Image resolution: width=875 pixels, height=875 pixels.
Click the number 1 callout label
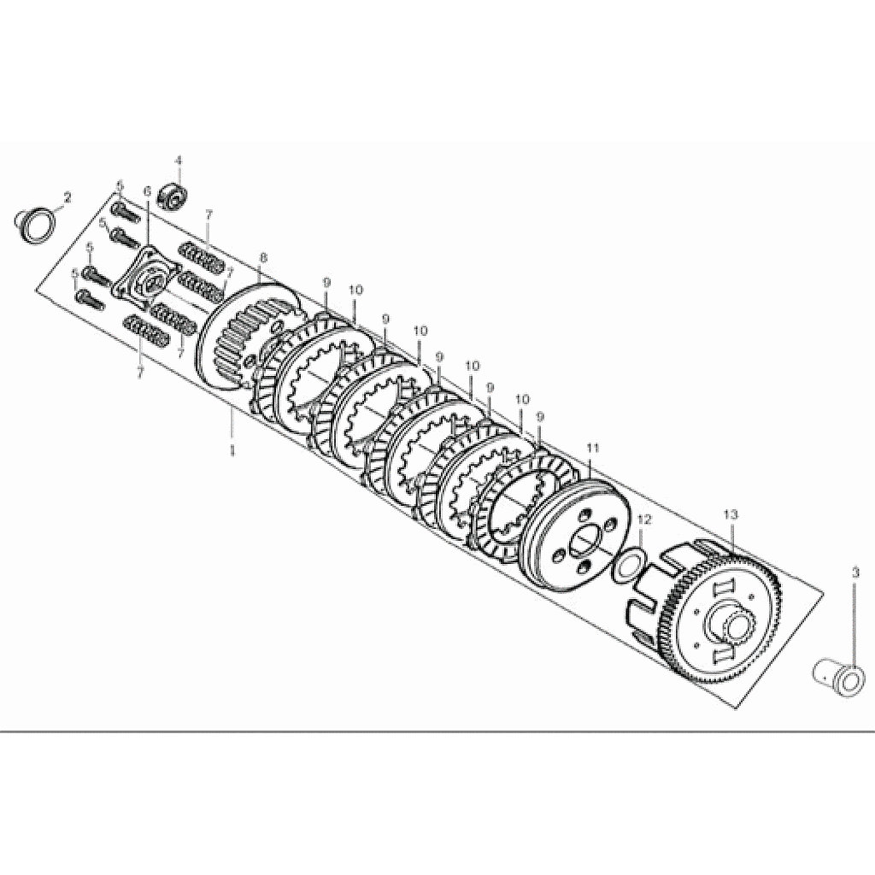(x=232, y=449)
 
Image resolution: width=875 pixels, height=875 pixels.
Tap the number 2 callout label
(x=68, y=197)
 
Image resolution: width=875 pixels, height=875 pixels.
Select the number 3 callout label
(x=855, y=573)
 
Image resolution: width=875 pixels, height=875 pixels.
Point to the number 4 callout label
(x=179, y=161)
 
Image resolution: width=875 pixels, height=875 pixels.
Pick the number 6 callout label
(x=147, y=191)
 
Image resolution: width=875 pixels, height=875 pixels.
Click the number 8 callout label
(x=263, y=258)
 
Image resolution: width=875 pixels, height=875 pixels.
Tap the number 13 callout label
(x=731, y=514)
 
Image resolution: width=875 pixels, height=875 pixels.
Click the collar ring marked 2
(x=36, y=225)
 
